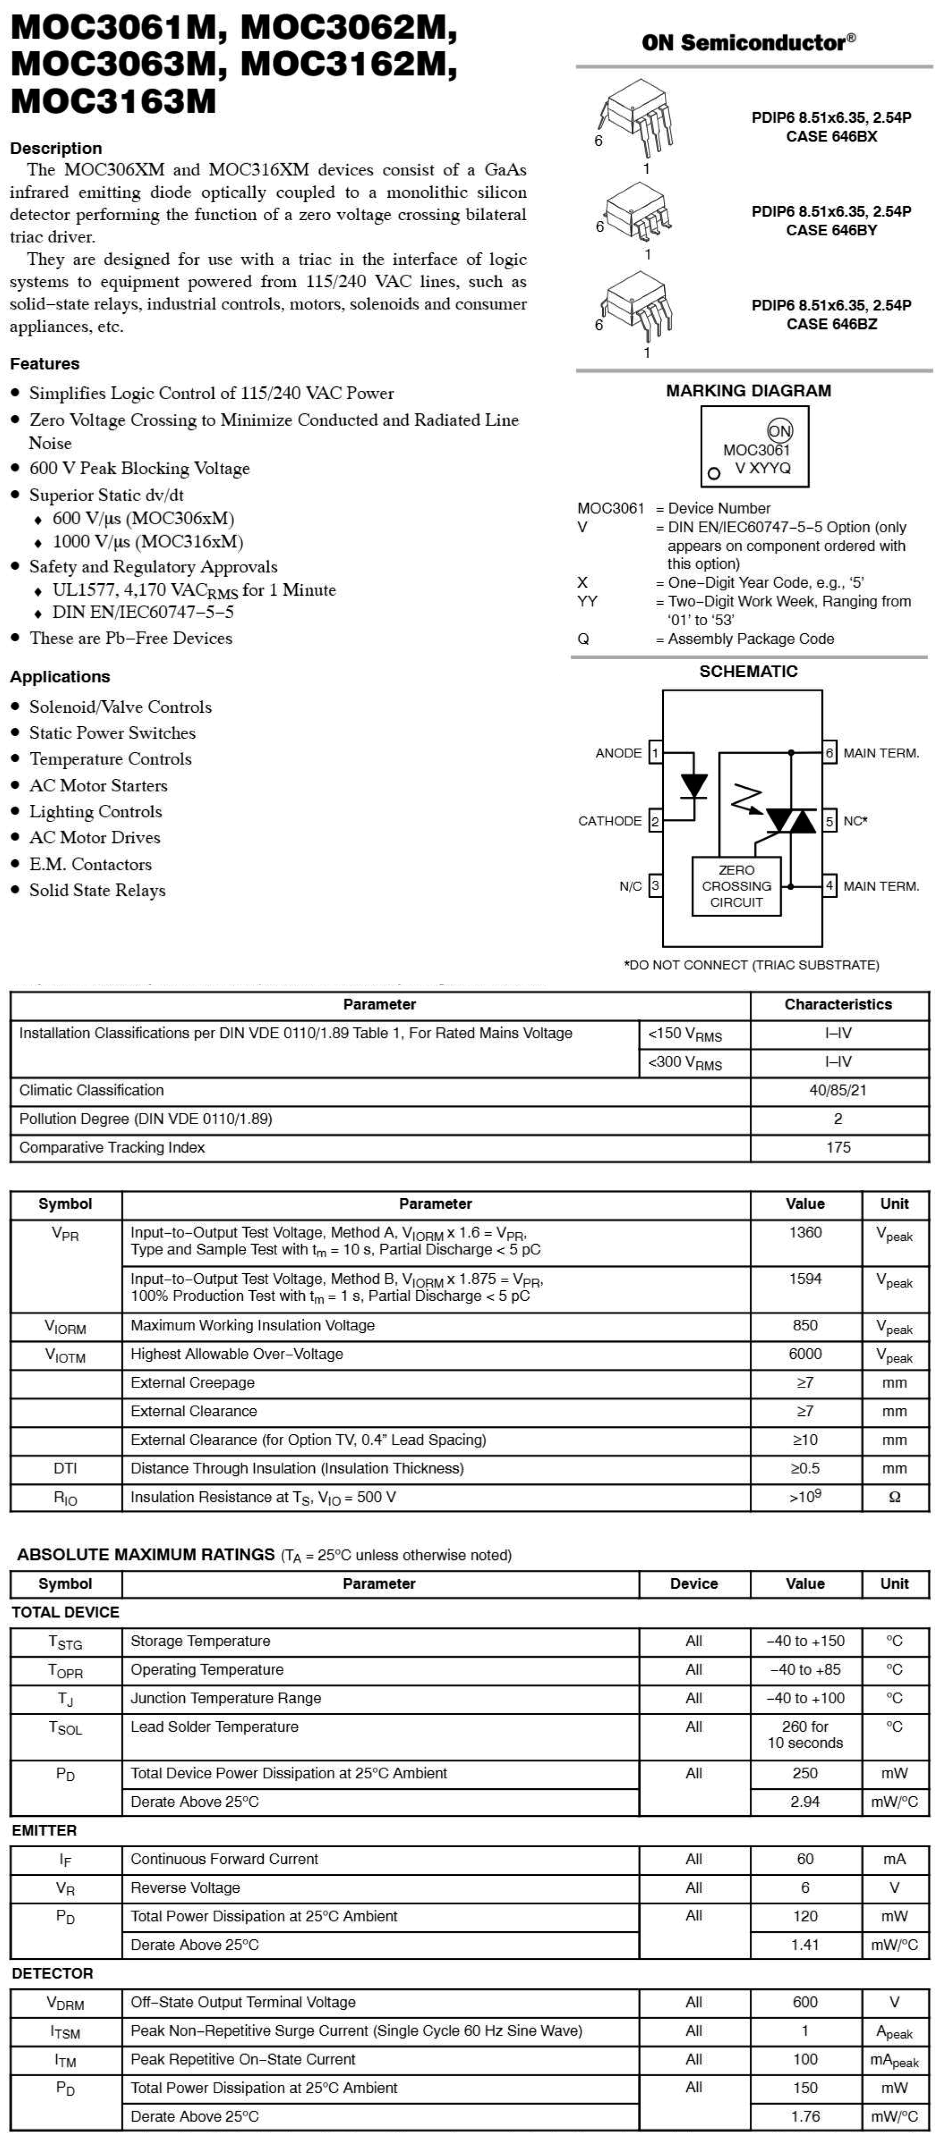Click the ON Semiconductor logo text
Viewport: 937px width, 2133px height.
748,42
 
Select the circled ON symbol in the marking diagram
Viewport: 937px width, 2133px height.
780,431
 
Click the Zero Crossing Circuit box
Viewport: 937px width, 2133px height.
737,886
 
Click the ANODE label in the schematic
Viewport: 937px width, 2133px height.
618,753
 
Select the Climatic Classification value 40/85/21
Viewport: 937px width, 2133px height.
838,1090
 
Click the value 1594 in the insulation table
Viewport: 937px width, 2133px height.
804,1279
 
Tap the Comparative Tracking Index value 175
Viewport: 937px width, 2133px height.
838,1147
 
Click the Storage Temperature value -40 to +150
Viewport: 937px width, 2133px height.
804,1641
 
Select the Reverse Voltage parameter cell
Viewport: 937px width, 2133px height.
186,1887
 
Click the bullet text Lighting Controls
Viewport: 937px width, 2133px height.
95,811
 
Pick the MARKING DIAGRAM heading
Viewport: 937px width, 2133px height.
748,391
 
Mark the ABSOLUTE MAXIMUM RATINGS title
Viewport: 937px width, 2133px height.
146,1555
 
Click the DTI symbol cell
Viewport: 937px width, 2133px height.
65,1468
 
